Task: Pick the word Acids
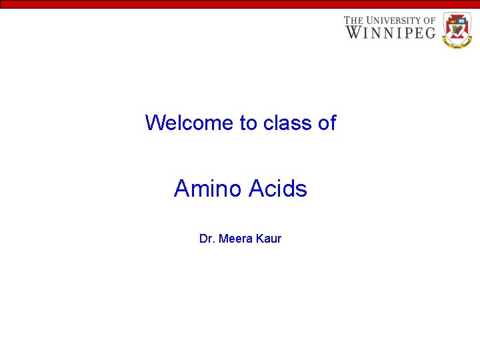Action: [279, 189]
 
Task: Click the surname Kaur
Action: [269, 239]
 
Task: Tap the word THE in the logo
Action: [355, 21]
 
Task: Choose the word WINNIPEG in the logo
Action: [391, 32]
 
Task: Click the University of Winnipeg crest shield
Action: [457, 27]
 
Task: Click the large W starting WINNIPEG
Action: [353, 32]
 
